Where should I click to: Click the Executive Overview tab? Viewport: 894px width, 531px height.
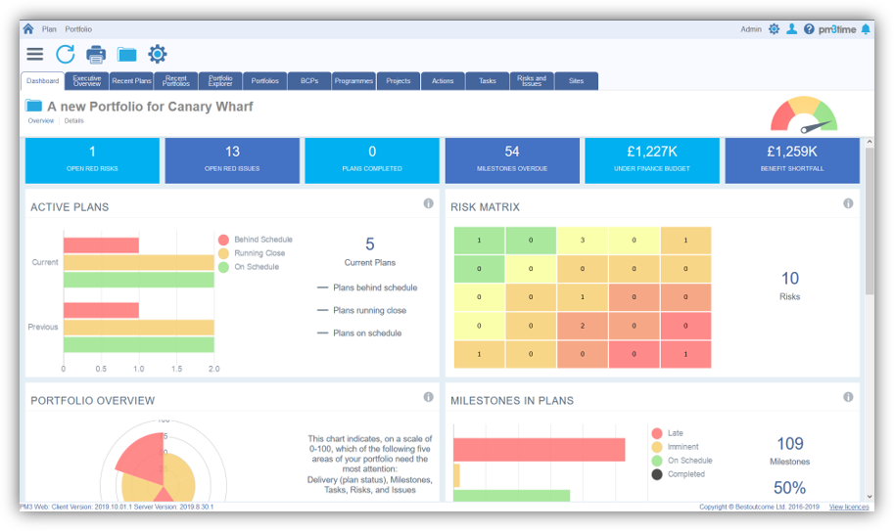(87, 81)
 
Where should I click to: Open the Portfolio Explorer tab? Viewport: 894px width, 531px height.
(220, 81)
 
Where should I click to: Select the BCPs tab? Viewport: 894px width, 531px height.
(309, 81)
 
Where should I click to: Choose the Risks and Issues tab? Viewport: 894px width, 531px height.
(532, 81)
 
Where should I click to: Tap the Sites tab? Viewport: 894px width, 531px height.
(576, 81)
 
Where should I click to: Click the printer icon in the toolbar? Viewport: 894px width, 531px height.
(96, 55)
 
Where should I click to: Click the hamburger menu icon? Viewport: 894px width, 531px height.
(35, 55)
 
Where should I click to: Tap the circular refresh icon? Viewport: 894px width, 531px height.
(66, 55)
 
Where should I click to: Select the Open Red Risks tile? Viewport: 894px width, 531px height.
(92, 160)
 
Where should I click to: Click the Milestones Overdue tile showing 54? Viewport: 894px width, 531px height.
(512, 160)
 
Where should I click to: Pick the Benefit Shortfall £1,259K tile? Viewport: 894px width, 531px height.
(792, 160)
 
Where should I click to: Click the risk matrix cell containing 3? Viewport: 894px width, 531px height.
(583, 241)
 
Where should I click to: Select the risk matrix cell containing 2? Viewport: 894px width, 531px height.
(583, 326)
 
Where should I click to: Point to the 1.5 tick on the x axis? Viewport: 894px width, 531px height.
(175, 370)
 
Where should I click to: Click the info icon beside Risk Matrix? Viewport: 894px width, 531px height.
(848, 203)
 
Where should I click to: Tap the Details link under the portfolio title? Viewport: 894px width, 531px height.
(74, 121)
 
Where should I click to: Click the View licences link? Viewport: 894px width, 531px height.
(849, 507)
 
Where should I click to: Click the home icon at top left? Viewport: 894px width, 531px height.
(28, 29)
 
